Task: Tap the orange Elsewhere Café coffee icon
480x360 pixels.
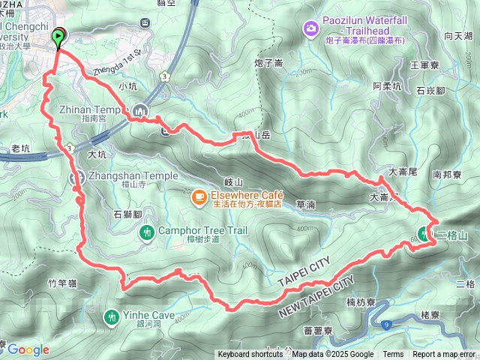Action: [x=199, y=197]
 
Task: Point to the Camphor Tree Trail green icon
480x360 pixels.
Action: [x=147, y=231]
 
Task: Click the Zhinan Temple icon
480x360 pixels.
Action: [x=143, y=112]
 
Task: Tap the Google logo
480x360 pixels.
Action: [x=28, y=349]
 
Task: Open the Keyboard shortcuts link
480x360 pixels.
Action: [x=251, y=355]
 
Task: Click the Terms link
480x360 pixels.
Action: [x=393, y=355]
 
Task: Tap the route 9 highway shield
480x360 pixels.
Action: [x=386, y=325]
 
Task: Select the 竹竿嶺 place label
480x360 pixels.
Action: [x=62, y=283]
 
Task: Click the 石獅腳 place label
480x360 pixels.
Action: [x=127, y=214]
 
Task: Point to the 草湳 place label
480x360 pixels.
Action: [x=305, y=203]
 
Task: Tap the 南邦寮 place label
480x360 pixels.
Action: [x=447, y=174]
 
